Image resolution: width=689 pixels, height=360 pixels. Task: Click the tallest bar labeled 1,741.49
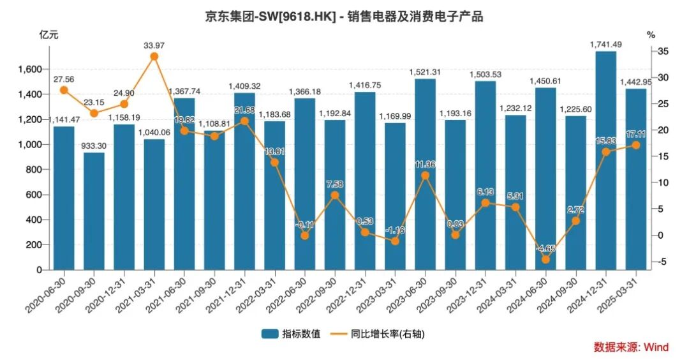tap(605, 160)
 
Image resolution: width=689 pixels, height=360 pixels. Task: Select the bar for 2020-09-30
tap(94, 211)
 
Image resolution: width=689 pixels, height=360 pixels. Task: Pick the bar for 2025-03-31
tap(635, 179)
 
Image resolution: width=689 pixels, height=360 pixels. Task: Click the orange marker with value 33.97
tap(154, 56)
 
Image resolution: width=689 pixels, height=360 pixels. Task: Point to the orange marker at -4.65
tap(545, 259)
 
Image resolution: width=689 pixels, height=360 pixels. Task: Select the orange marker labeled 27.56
tap(64, 90)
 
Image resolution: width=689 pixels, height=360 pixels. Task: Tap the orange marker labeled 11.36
tap(425, 175)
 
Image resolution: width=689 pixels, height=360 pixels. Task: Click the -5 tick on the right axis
tap(661, 262)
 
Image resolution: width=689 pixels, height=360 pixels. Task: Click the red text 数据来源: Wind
tap(631, 347)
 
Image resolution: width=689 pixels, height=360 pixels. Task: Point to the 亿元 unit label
tap(48, 35)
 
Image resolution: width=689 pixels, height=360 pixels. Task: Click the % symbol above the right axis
tap(650, 35)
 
